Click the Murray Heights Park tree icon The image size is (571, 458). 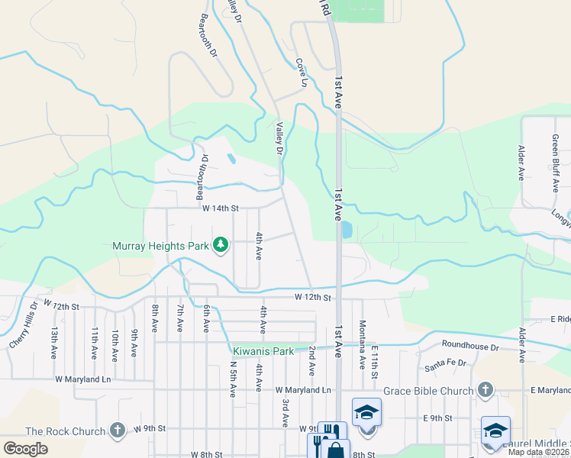[x=221, y=245]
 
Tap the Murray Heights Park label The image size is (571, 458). [x=160, y=246]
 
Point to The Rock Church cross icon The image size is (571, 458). [x=117, y=431]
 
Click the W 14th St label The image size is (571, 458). [x=221, y=208]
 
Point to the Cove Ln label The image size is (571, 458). [x=302, y=72]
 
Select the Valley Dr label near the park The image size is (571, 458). [x=279, y=140]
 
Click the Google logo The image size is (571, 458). [x=26, y=449]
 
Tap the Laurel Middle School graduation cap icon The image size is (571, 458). [x=495, y=431]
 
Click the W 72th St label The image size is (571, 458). [x=61, y=304]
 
